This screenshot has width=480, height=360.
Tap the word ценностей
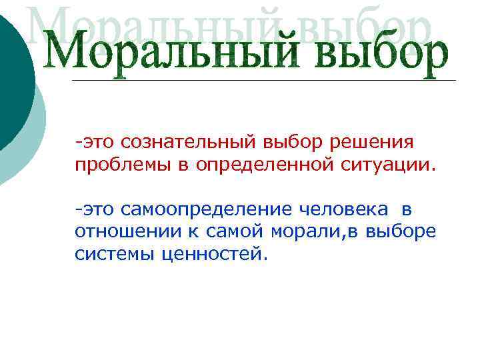tap(213, 254)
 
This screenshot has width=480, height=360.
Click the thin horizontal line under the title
tap(267, 81)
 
